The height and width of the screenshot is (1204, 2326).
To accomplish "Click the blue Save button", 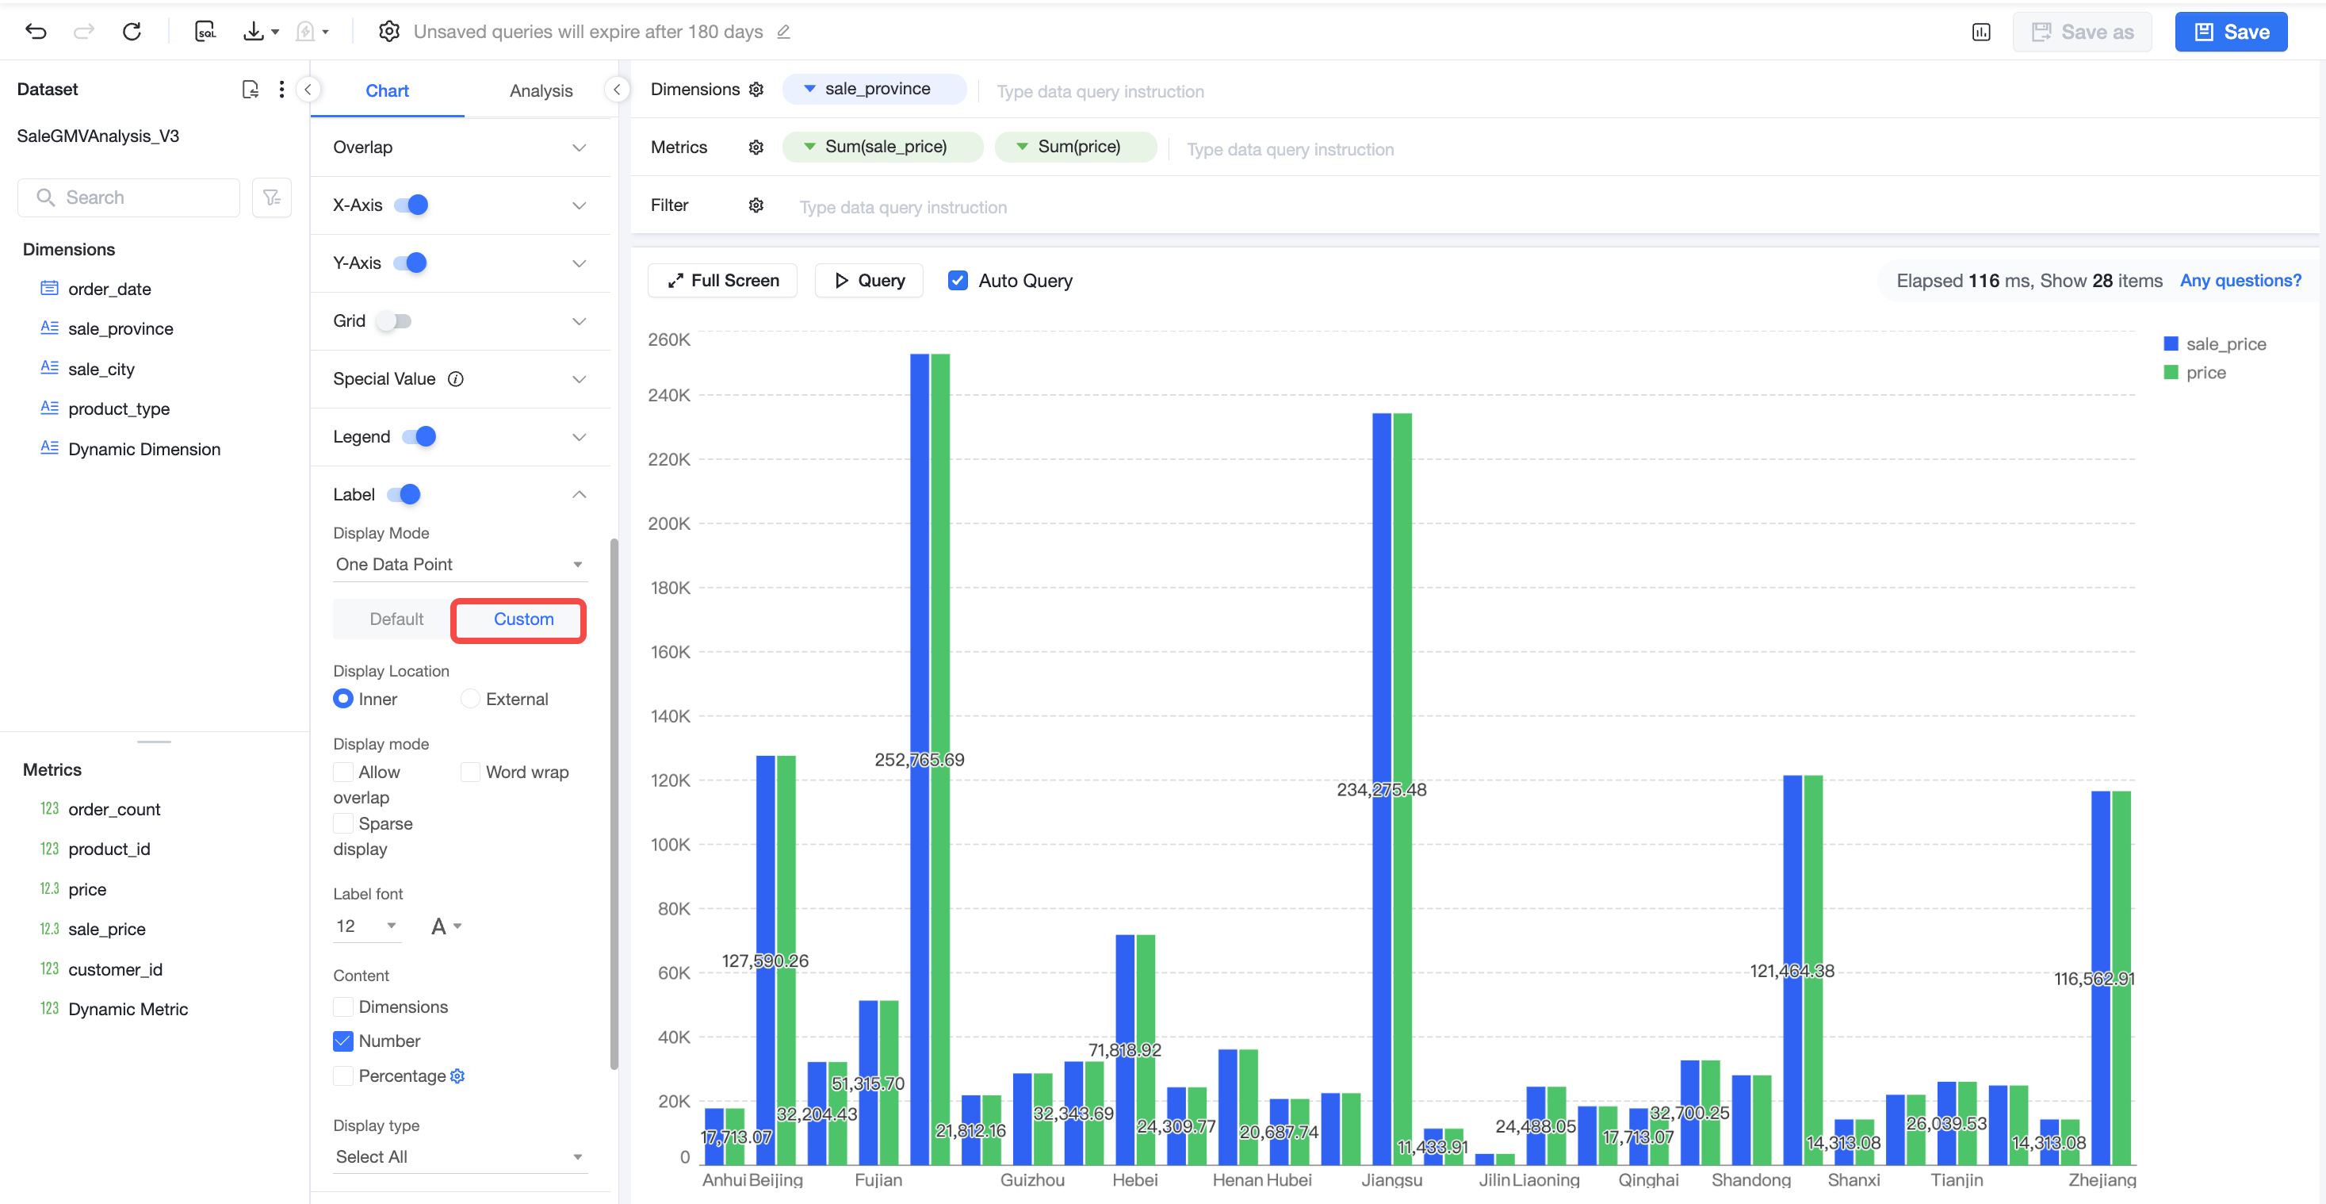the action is point(2230,32).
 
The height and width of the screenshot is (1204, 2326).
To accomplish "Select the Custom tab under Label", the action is point(522,619).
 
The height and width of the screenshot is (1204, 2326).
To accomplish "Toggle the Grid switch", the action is point(395,320).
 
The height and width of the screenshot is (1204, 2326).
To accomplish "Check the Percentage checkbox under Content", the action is point(343,1075).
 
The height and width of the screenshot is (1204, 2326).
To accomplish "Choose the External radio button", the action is point(469,698).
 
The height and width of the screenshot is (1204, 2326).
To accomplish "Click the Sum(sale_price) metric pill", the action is point(882,146).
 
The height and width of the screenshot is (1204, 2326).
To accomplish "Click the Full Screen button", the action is point(722,280).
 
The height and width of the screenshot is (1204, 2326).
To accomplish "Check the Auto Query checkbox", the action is point(958,280).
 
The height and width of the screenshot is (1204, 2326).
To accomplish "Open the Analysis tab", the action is point(541,90).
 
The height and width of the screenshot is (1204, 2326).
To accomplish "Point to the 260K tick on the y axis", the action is point(669,339).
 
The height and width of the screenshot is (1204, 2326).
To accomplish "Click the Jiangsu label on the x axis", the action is point(1391,1179).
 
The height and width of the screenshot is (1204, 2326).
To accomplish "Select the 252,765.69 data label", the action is point(919,760).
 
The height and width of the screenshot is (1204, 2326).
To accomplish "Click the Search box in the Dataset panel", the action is point(129,197).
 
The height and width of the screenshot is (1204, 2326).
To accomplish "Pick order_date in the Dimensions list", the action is point(109,289).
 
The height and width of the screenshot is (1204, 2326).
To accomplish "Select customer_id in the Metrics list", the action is point(115,969).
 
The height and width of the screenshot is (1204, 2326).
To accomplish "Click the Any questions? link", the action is point(2240,280).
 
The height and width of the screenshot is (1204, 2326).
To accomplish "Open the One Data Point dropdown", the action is point(460,564).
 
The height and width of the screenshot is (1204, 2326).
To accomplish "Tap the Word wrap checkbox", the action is point(469,772).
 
